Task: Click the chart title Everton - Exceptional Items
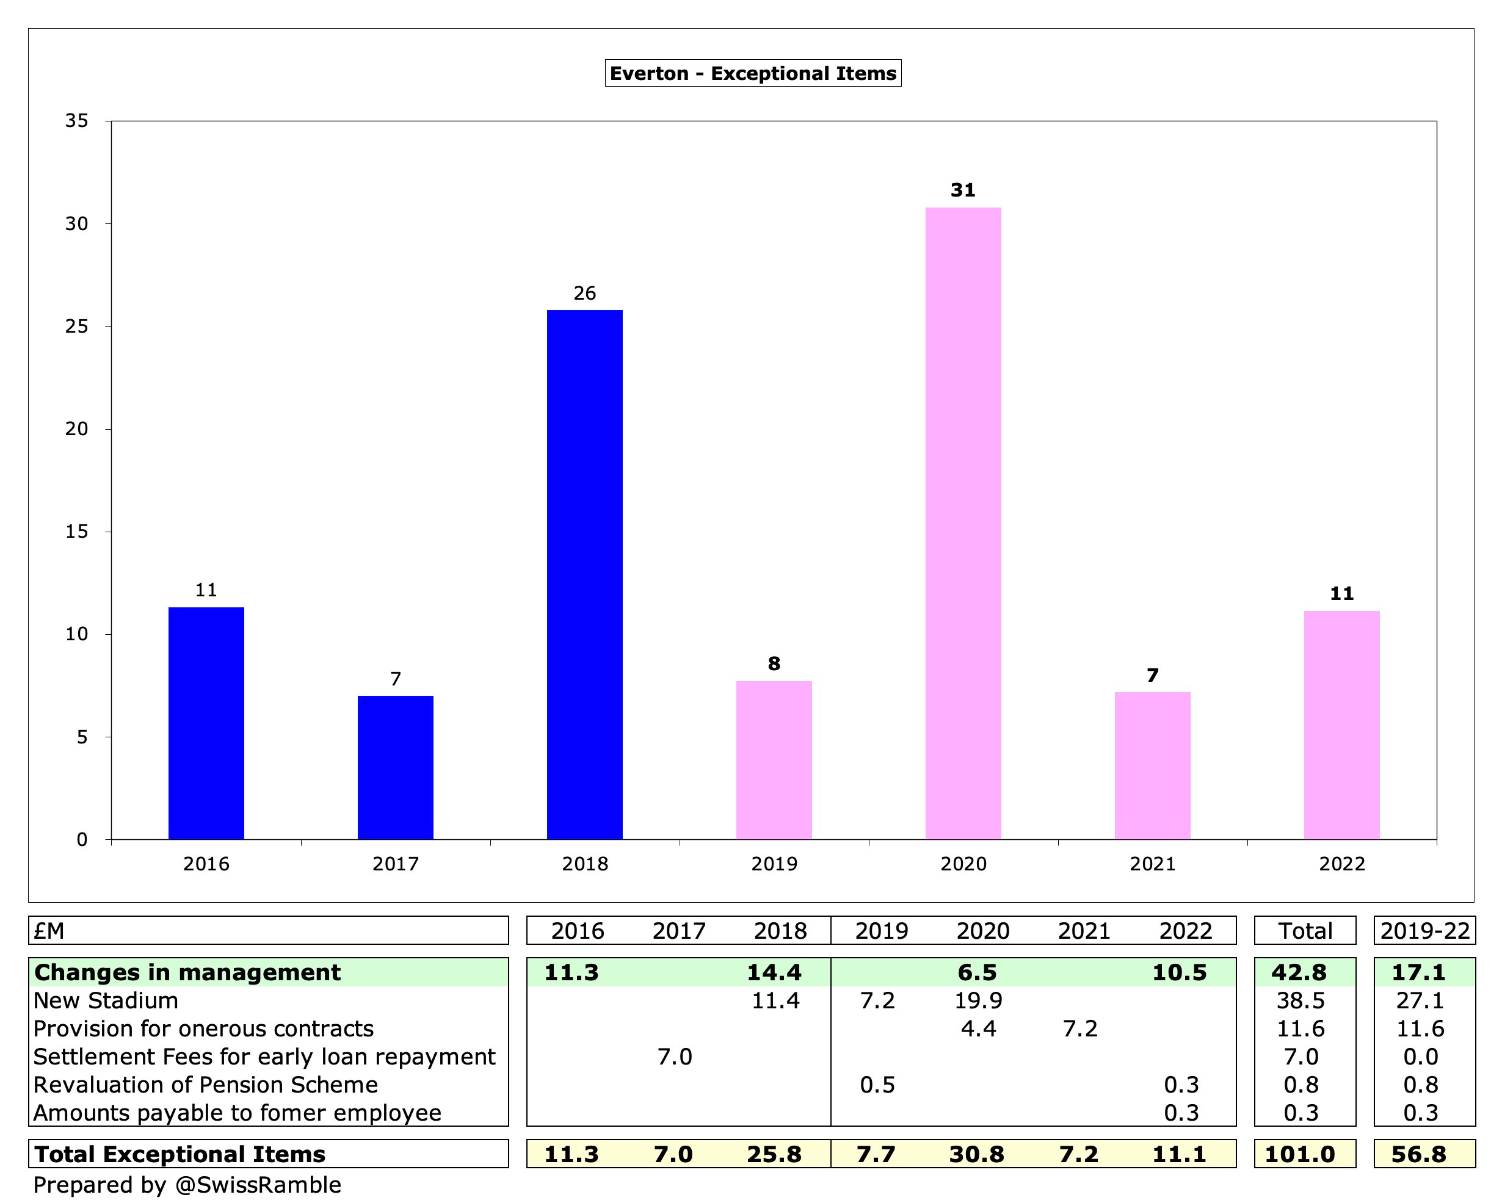pyautogui.click(x=752, y=73)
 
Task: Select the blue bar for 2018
pyautogui.click(x=584, y=574)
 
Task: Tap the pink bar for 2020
pyautogui.click(x=963, y=522)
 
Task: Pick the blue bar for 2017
pyautogui.click(x=395, y=767)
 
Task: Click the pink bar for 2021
pyautogui.click(x=1152, y=765)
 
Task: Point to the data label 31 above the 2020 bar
pyautogui.click(x=963, y=190)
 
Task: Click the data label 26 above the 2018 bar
pyautogui.click(x=584, y=293)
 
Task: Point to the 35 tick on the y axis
pyautogui.click(x=78, y=121)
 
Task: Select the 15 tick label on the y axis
pyautogui.click(x=78, y=532)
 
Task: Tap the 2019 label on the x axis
pyautogui.click(x=774, y=864)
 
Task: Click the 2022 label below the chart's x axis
pyautogui.click(x=1342, y=864)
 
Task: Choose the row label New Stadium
pyautogui.click(x=106, y=1001)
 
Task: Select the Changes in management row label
pyautogui.click(x=187, y=972)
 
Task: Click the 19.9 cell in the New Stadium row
pyautogui.click(x=978, y=1001)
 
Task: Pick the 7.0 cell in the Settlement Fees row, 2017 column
pyautogui.click(x=674, y=1057)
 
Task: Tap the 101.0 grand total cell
pyautogui.click(x=1300, y=1154)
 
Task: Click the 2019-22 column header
pyautogui.click(x=1424, y=930)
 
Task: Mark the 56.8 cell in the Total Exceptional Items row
pyautogui.click(x=1419, y=1154)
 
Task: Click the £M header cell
pyautogui.click(x=49, y=930)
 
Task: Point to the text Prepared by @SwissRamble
pyautogui.click(x=187, y=1185)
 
